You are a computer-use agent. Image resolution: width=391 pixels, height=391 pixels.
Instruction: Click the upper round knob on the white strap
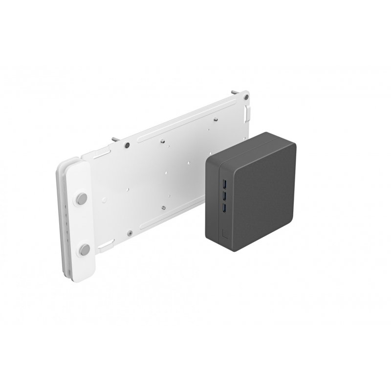pyautogui.click(x=82, y=198)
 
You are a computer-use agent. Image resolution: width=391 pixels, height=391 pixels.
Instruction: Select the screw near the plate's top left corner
pyautogui.click(x=127, y=145)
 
